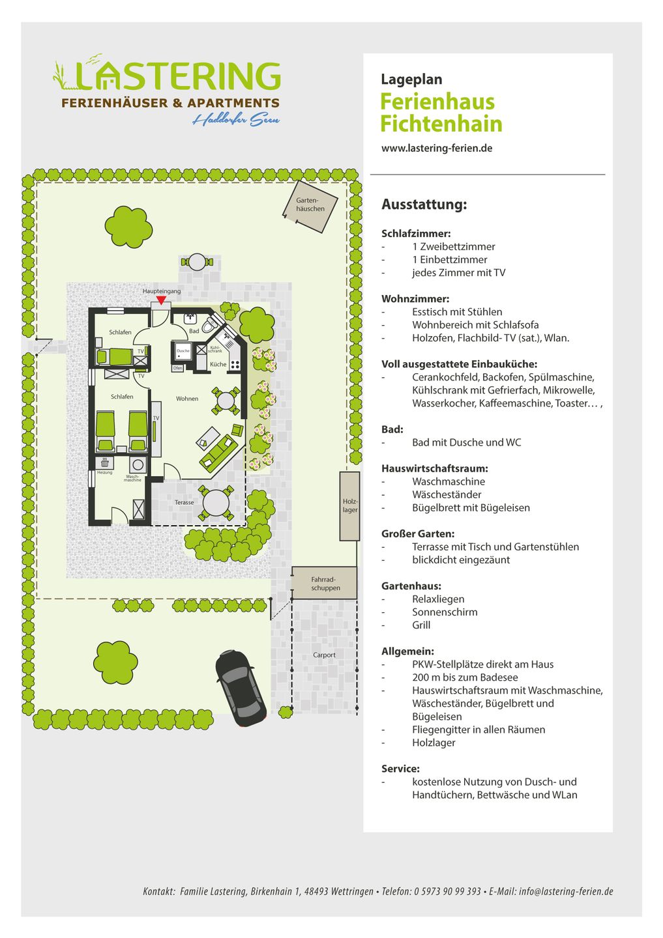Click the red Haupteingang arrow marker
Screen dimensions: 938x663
point(161,300)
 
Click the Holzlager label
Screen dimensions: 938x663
point(350,505)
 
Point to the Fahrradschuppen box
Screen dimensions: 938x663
point(325,583)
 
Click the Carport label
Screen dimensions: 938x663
point(324,655)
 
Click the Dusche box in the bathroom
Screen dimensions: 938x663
point(183,352)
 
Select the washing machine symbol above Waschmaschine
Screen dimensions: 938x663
point(138,464)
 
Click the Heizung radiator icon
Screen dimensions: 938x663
point(104,463)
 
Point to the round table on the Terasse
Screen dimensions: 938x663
point(216,503)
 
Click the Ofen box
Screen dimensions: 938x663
point(177,368)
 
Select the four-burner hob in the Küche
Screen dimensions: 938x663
point(235,364)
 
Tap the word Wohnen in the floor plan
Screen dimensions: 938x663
point(187,399)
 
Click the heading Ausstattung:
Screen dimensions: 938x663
point(424,205)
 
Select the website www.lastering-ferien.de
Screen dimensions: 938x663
point(437,149)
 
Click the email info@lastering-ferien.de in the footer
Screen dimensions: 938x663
point(566,891)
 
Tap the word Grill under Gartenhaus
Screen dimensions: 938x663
point(421,625)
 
